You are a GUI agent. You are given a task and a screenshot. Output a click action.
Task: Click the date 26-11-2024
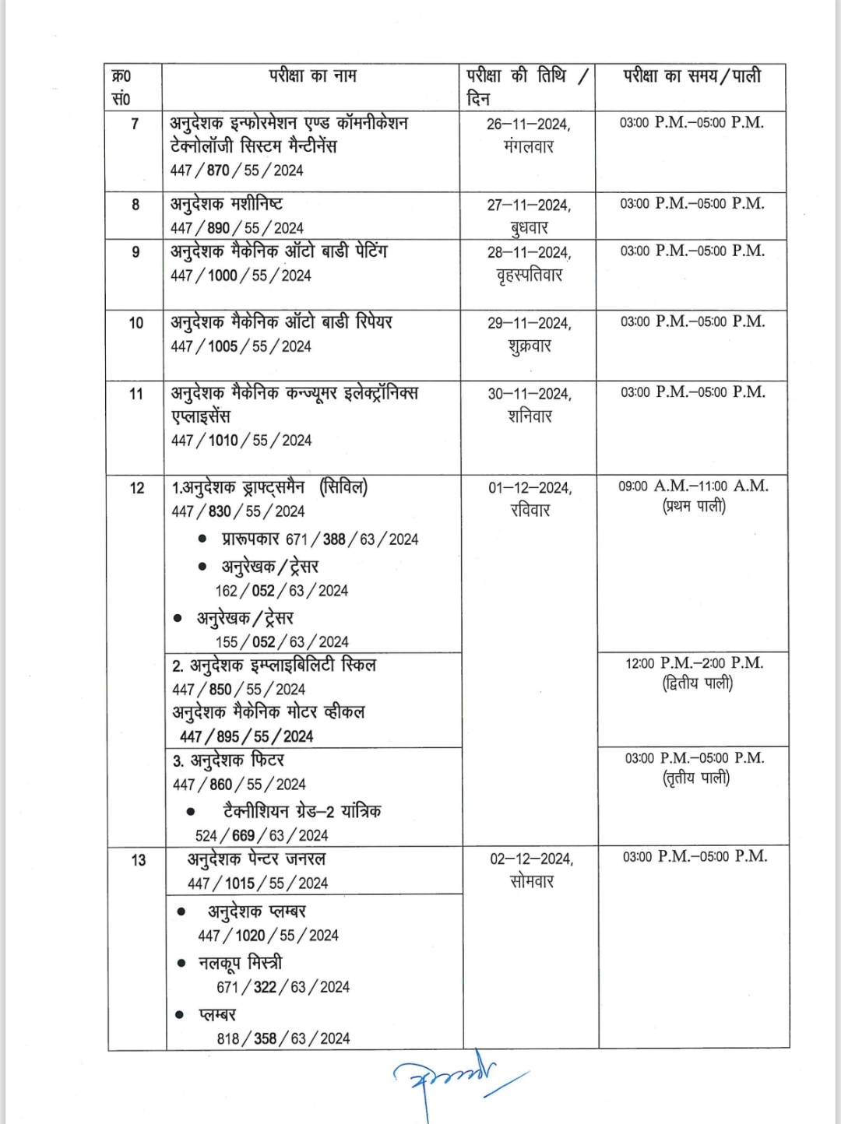click(x=529, y=124)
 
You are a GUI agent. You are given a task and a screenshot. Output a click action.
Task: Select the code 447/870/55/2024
click(x=237, y=170)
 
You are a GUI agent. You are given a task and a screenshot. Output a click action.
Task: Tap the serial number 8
click(x=135, y=205)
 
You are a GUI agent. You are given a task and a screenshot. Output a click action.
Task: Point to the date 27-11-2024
click(x=529, y=205)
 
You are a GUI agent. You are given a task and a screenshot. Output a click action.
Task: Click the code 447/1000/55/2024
click(x=241, y=276)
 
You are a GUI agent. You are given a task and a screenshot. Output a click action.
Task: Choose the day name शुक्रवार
click(x=530, y=346)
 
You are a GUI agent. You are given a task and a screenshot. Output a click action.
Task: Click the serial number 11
click(x=136, y=394)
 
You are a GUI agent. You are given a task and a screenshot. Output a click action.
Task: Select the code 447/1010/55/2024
click(x=241, y=441)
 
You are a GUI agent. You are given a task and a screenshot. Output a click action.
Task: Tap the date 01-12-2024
click(x=530, y=488)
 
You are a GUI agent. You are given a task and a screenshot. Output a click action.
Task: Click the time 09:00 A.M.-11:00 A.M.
click(x=693, y=486)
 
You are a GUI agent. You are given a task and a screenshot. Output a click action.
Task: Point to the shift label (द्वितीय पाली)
click(x=697, y=684)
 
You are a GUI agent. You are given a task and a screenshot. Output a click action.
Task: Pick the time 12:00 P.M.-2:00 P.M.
click(x=694, y=663)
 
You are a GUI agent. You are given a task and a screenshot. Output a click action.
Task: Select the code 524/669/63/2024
click(x=262, y=836)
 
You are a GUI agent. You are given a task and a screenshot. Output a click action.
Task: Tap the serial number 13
click(x=139, y=860)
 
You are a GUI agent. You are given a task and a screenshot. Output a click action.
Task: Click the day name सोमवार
click(x=532, y=882)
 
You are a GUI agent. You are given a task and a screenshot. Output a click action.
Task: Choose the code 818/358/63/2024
click(x=283, y=1038)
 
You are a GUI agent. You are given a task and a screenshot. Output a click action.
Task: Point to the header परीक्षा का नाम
click(x=312, y=76)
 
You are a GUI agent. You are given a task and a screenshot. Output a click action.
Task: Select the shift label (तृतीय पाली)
click(x=696, y=778)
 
